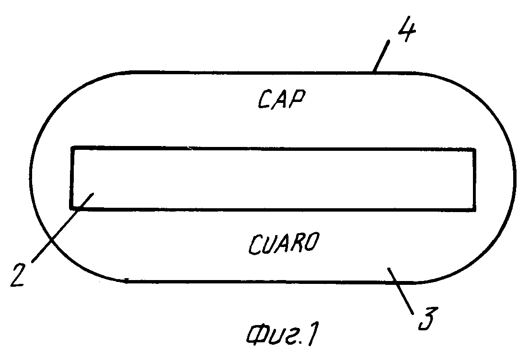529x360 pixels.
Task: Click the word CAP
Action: tap(282, 99)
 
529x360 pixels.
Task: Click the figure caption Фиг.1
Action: tap(283, 335)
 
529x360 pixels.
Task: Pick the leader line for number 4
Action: tap(381, 56)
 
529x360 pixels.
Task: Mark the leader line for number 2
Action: tap(62, 227)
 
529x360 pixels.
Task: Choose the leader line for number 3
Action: tap(401, 291)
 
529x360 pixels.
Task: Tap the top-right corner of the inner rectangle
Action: tap(475, 150)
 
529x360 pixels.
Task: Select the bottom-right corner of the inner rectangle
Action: tap(474, 210)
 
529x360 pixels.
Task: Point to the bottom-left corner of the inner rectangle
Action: tap(71, 208)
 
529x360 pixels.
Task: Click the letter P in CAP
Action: tap(298, 99)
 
